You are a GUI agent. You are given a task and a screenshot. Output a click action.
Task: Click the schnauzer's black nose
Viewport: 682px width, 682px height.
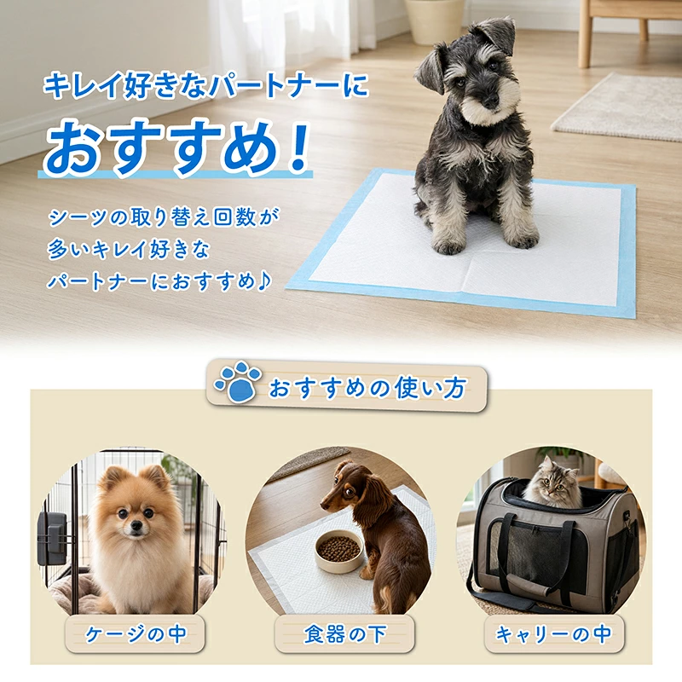[x=490, y=102]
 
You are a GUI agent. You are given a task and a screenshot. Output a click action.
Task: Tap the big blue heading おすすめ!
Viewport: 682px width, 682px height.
[x=176, y=147]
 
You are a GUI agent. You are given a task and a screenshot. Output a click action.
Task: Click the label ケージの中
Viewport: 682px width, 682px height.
[x=136, y=634]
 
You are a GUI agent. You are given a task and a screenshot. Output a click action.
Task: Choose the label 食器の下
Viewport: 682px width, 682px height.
[x=345, y=634]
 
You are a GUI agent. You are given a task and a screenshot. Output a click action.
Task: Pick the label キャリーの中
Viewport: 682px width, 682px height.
[x=553, y=634]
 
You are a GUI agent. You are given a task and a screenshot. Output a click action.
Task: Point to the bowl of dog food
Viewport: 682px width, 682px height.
[x=338, y=551]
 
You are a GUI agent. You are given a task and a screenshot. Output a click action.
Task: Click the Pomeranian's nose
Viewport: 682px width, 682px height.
[x=136, y=527]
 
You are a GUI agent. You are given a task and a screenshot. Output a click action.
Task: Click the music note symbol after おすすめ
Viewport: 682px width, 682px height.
[x=263, y=281]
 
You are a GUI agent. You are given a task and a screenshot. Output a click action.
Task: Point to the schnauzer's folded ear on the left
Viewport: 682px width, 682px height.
[x=429, y=66]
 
